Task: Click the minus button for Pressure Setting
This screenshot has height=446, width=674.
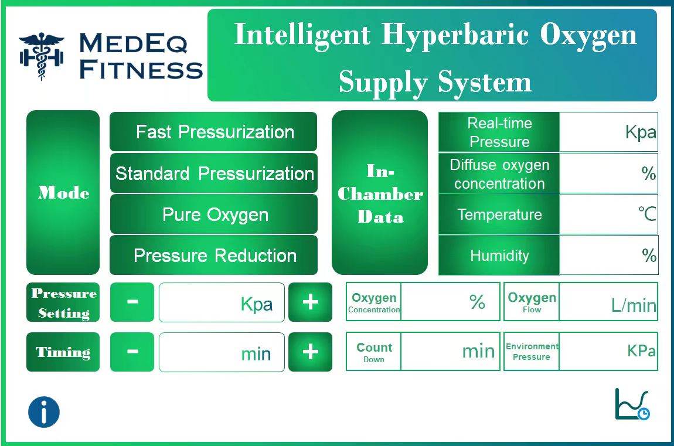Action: click(x=132, y=302)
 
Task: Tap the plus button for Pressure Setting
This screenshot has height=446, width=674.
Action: click(x=310, y=302)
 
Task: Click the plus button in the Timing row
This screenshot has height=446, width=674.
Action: click(x=310, y=352)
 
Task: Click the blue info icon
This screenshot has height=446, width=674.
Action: click(x=44, y=412)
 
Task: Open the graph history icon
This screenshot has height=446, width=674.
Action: click(x=632, y=404)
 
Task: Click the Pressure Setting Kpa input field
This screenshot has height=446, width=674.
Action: click(x=222, y=302)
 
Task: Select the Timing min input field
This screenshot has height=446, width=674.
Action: click(x=222, y=352)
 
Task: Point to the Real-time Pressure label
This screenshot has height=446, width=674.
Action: click(x=499, y=132)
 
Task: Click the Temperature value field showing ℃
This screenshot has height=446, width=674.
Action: click(x=608, y=215)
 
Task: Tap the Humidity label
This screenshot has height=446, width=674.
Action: click(x=499, y=256)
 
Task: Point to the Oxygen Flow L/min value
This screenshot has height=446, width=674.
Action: click(x=608, y=302)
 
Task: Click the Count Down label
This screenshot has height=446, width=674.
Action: click(x=374, y=352)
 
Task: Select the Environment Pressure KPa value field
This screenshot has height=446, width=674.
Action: click(x=608, y=352)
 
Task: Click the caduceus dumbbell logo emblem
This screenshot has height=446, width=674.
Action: click(x=41, y=56)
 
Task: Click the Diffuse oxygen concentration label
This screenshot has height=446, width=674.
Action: click(x=499, y=173)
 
